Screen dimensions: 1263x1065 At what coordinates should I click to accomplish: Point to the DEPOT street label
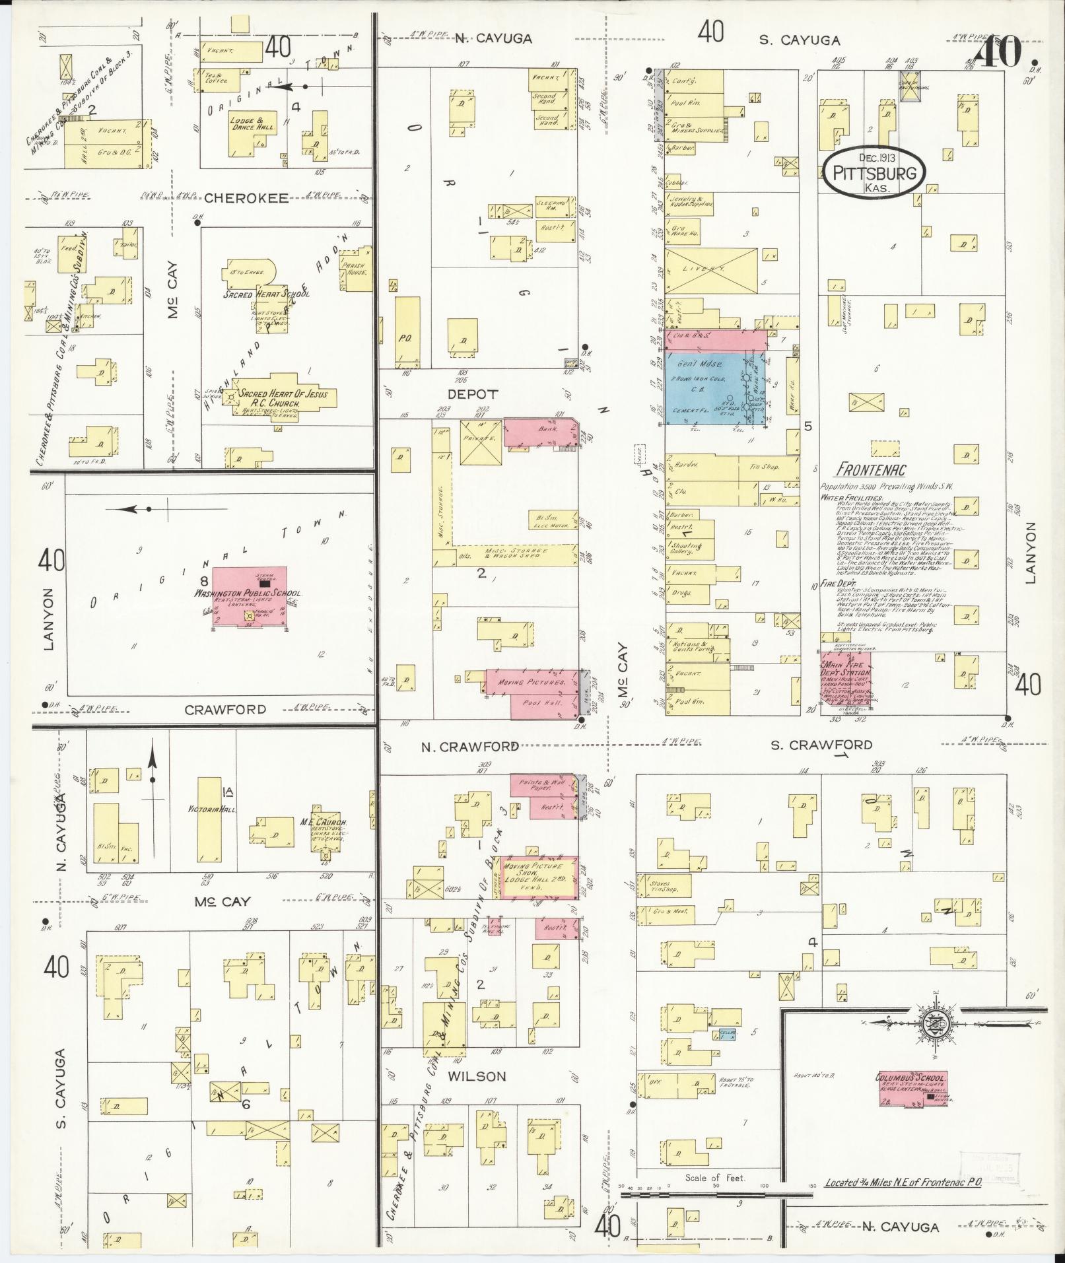[473, 394]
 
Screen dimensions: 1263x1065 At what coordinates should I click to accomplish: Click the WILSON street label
[476, 1076]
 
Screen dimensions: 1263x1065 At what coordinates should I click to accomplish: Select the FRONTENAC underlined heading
[870, 470]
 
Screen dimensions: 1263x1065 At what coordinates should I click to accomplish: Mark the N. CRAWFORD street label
[469, 746]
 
